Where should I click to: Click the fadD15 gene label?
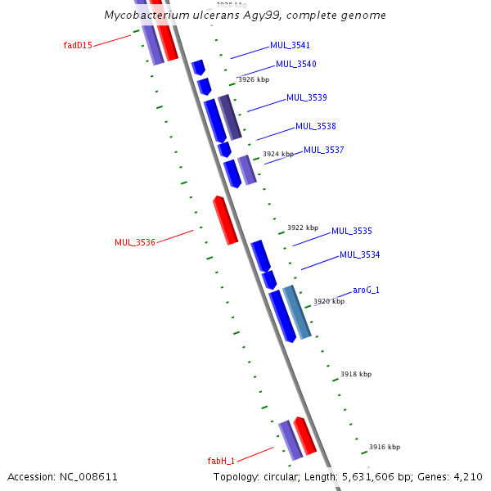pos(78,45)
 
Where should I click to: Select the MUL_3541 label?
pos(290,45)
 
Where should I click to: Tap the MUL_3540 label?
pos(296,64)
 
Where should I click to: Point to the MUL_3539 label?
pos(307,97)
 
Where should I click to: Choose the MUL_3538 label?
pos(316,126)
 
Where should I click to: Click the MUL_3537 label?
pos(324,150)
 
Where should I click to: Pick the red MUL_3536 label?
pos(135,242)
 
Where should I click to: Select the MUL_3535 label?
pos(352,231)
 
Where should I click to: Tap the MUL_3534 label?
pos(360,255)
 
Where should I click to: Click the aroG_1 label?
pos(366,290)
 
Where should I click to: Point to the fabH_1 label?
pos(221,461)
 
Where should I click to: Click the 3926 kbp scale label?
pos(254,79)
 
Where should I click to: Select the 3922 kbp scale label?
pos(303,227)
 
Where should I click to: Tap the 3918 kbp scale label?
pos(356,374)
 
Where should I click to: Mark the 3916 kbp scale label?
pos(385,447)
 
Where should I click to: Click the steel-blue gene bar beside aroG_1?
pos(297,313)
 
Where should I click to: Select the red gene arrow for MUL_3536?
pos(226,220)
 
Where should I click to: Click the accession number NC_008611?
pos(88,477)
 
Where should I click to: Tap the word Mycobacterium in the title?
pos(146,15)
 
